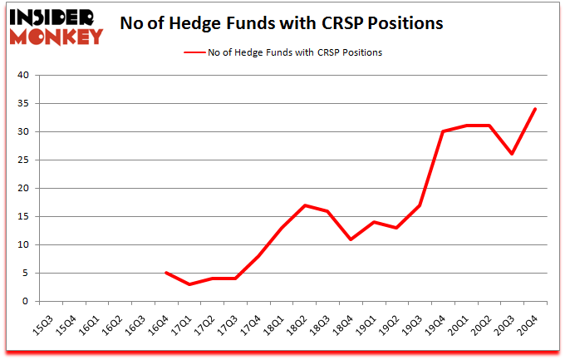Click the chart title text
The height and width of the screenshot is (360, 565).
point(281,23)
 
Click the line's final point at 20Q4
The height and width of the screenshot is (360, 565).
point(536,109)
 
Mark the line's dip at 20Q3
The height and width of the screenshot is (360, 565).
point(513,154)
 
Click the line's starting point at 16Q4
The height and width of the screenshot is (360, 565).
point(166,273)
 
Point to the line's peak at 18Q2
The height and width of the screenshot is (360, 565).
point(307,205)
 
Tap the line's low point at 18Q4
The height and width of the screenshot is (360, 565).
point(353,239)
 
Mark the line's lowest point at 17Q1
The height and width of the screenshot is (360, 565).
point(189,284)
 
